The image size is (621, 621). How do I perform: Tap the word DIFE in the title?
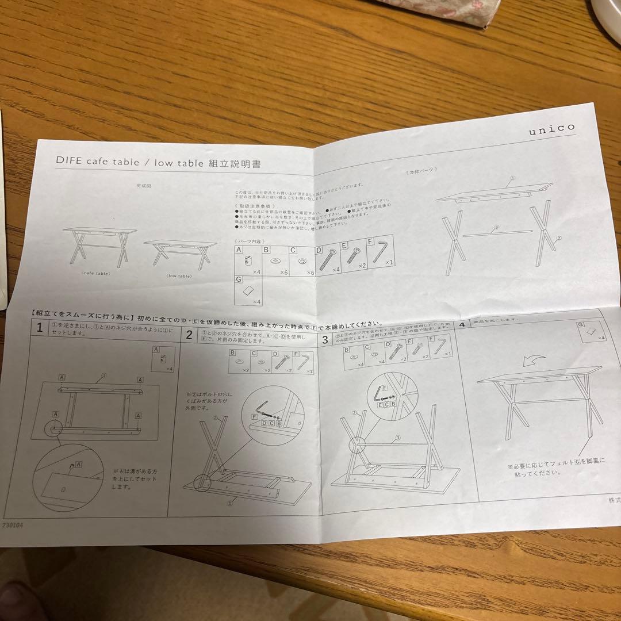70,162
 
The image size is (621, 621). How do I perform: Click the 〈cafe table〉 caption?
97,274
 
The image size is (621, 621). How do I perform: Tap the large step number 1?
39,328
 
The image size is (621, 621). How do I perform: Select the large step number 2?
189,334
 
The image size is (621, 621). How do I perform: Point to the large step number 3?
325,339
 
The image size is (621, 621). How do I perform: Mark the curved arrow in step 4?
535,361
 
